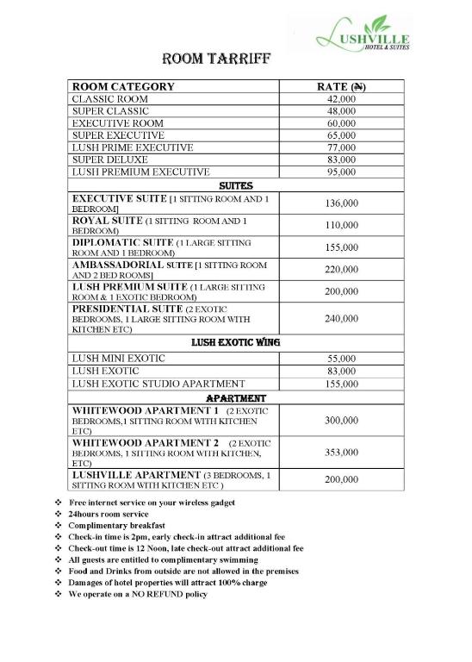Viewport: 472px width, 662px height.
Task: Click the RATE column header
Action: [342, 86]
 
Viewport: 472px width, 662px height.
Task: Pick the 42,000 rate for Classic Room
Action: [342, 99]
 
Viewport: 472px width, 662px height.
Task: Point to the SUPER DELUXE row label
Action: [110, 159]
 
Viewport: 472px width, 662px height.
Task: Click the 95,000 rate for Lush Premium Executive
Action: [342, 172]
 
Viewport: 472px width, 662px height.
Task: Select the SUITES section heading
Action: [235, 184]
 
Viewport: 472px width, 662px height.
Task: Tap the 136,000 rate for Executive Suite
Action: [342, 203]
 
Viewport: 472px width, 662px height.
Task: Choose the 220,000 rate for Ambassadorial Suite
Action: [342, 269]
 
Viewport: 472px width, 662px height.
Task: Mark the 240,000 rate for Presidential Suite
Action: [342, 318]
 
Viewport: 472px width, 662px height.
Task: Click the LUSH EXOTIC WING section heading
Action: [235, 342]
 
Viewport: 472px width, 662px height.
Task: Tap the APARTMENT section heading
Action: [235, 398]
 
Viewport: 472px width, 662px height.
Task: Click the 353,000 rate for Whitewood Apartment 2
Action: [342, 452]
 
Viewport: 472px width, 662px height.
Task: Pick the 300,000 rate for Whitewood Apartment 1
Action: [342, 421]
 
